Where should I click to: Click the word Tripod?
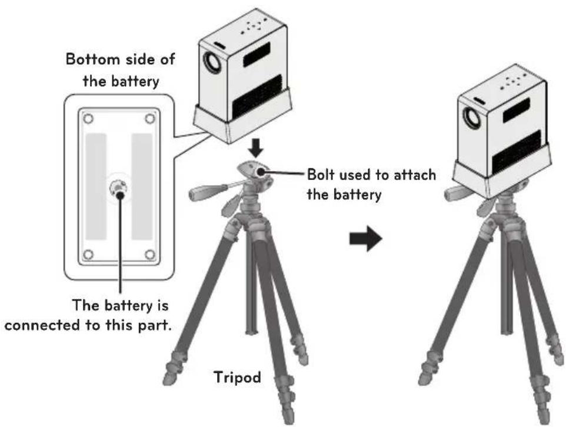click(x=237, y=378)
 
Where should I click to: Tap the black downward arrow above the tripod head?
click(x=256, y=148)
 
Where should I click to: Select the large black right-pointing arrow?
click(x=365, y=238)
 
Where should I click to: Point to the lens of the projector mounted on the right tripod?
click(x=470, y=118)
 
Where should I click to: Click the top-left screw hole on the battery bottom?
click(x=88, y=118)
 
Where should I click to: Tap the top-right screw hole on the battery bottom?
click(x=150, y=118)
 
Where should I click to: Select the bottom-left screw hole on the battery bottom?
click(x=88, y=255)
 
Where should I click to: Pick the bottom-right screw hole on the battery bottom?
click(x=150, y=255)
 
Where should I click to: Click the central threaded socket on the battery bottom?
click(x=119, y=187)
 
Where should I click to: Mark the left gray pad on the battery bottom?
click(x=96, y=186)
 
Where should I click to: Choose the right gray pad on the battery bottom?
click(x=142, y=186)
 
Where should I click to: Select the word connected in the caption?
click(x=42, y=325)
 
